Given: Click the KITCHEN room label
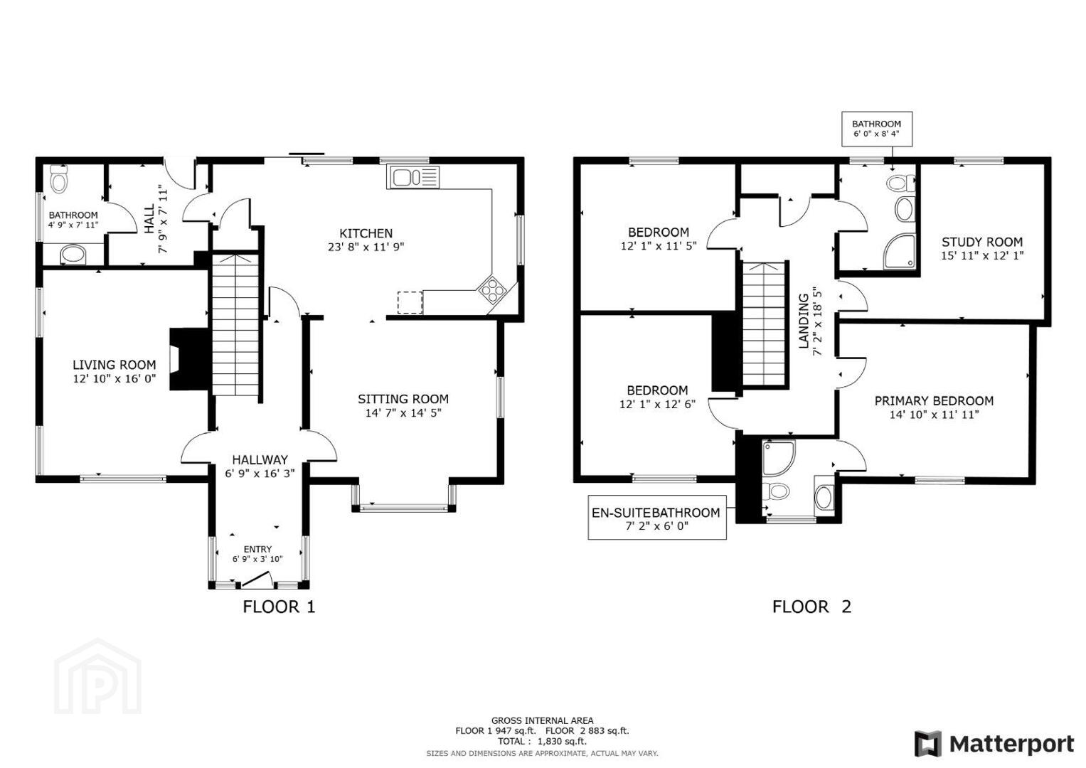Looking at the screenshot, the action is (x=366, y=233).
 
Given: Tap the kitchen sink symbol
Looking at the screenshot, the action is (x=413, y=177).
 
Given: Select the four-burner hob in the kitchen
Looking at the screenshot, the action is (x=493, y=289).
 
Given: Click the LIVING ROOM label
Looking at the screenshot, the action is (x=115, y=365).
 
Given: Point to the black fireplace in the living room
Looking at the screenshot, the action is (x=189, y=359).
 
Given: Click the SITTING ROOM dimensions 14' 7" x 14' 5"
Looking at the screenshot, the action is (x=403, y=413).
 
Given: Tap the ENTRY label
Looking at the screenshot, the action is (x=257, y=549).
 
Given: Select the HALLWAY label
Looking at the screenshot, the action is (x=260, y=459).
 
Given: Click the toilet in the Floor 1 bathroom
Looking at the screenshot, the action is (x=59, y=179).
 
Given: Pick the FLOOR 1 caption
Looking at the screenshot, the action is (x=279, y=607).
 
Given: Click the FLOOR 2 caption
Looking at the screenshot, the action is (x=811, y=607).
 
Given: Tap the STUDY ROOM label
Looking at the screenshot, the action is (x=982, y=242).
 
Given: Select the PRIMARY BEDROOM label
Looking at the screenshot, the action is (x=935, y=401).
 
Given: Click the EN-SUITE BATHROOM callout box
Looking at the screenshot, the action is (x=657, y=517).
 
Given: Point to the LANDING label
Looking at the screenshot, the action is (x=804, y=321).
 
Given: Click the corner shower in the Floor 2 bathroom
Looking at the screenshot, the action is (x=900, y=251).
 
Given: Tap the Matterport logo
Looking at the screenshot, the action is (x=994, y=744).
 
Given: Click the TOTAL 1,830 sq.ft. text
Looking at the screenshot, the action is (x=542, y=741).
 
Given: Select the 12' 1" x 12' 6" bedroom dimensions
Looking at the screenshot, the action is (x=657, y=404).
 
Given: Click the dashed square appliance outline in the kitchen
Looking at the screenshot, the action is (x=410, y=302).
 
